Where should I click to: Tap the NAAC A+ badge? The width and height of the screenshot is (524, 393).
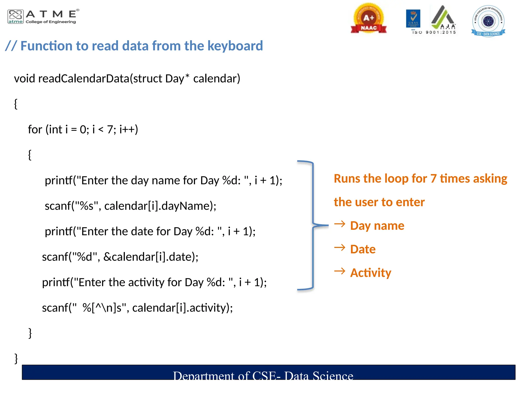click(368, 19)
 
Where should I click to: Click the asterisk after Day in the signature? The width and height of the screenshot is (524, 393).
click(187, 76)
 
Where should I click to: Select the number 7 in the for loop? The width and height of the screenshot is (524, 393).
click(110, 130)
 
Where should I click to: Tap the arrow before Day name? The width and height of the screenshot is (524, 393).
click(340, 224)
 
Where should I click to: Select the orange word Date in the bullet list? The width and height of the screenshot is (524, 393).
click(363, 249)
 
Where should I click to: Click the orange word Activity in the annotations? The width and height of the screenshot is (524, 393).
click(370, 273)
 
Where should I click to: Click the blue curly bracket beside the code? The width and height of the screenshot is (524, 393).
click(313, 225)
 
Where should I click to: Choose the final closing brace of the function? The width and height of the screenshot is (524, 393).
click(16, 358)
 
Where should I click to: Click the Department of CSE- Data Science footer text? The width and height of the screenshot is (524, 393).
click(263, 375)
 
